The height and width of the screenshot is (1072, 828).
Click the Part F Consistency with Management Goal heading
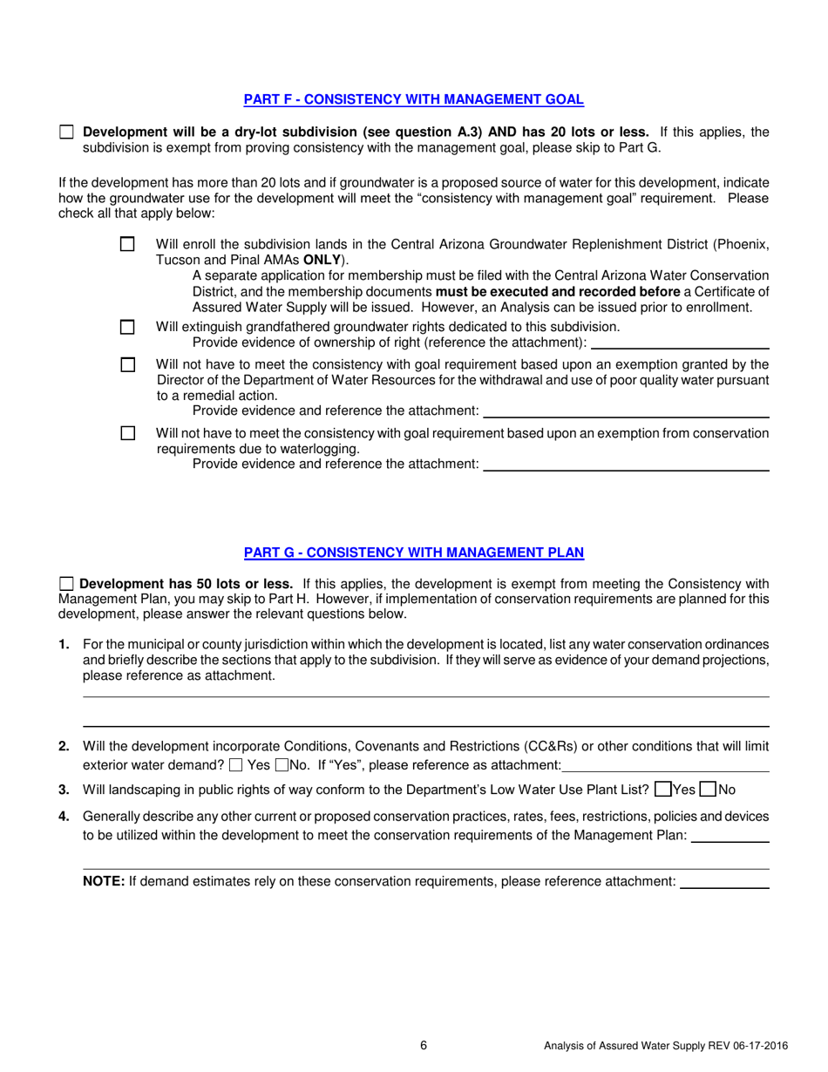coord(413,99)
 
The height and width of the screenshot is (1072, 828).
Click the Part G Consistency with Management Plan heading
coord(413,553)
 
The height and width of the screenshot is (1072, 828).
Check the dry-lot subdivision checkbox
coord(66,132)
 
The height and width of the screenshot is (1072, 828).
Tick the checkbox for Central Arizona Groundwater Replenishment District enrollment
coord(127,245)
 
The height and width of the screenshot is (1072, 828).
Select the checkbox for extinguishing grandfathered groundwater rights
coord(127,327)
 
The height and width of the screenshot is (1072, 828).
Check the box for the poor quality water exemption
coord(127,364)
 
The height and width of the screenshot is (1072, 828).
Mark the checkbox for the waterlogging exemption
coord(127,433)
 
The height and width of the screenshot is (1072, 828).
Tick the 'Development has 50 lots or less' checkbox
coord(66,584)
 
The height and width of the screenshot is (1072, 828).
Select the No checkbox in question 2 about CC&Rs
coord(282,766)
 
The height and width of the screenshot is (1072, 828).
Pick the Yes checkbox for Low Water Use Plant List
coord(662,790)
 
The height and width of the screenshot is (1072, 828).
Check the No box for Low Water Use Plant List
coord(708,790)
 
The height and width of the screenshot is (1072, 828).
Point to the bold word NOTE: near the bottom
coord(104,881)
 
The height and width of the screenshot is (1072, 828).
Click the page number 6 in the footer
coord(424,1046)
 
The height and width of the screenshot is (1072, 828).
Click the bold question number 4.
coord(64,817)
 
